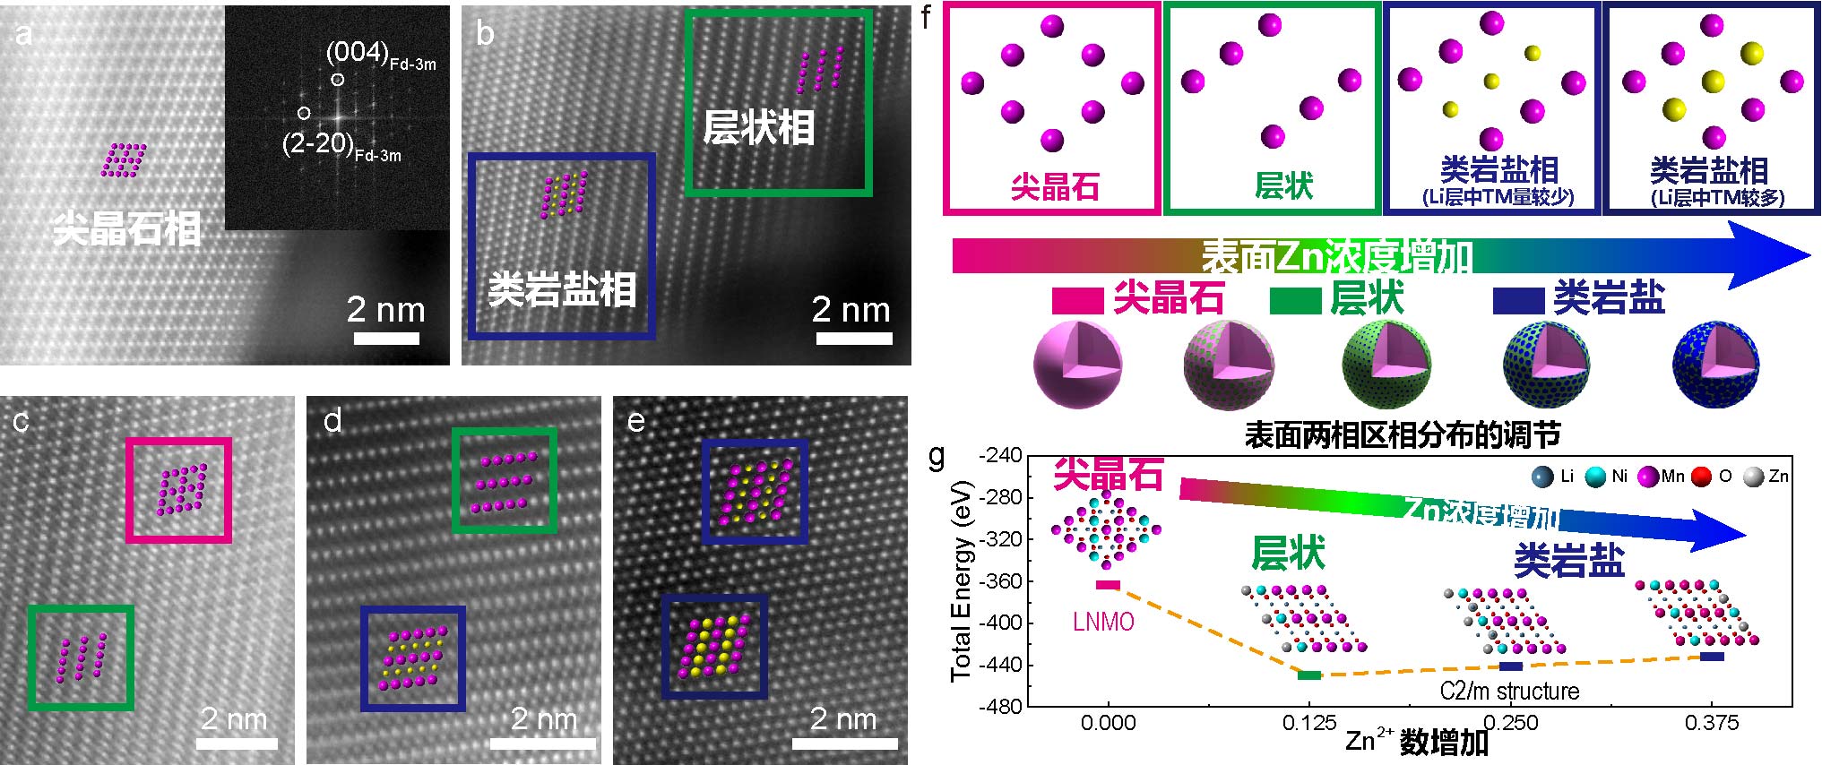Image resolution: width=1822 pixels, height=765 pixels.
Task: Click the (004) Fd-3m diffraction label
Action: pos(380,55)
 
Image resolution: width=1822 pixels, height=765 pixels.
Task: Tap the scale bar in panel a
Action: pos(386,339)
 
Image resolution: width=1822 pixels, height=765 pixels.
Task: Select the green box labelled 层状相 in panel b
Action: pos(778,103)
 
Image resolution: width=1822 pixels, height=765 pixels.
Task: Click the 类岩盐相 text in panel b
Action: pos(562,289)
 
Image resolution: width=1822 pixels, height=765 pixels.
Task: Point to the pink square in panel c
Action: pos(179,490)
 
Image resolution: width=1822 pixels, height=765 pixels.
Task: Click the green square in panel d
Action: pos(505,480)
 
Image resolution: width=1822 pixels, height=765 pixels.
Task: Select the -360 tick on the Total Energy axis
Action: pos(1000,580)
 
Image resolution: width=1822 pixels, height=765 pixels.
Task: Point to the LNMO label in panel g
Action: pos(1103,622)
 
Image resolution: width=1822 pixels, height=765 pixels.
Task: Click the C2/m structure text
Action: pos(1509,691)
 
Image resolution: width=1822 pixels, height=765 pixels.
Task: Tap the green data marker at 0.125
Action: pos(1308,675)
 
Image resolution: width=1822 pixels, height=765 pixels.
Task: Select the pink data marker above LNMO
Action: pos(1108,585)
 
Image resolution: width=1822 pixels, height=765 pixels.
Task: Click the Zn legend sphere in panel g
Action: pos(1753,477)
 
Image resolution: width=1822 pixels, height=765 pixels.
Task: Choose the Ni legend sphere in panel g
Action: pos(1595,477)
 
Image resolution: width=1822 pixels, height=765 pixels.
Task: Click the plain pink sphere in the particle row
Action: pos(1076,365)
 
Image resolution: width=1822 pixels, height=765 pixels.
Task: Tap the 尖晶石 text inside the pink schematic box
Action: pos(1054,186)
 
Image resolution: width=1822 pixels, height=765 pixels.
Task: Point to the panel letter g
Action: pos(937,457)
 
